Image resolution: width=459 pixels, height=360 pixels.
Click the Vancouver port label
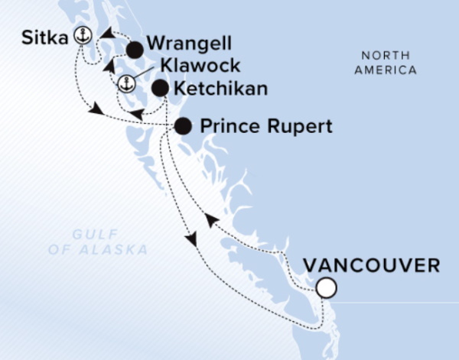tap(372, 266)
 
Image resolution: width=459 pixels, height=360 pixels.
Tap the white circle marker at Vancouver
tap(327, 288)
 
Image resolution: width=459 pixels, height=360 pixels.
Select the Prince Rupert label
tap(266, 126)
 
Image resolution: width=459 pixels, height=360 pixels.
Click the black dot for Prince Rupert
tap(183, 126)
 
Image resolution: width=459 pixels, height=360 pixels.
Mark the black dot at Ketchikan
tap(160, 89)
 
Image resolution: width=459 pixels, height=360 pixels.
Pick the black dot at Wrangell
tap(135, 51)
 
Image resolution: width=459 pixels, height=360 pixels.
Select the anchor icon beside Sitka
tap(82, 34)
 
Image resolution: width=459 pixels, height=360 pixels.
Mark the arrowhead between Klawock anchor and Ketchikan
tap(137, 115)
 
